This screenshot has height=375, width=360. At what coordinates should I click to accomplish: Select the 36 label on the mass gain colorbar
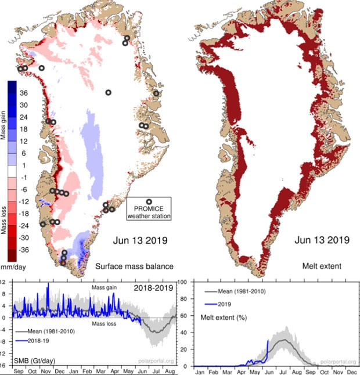click(x=24, y=93)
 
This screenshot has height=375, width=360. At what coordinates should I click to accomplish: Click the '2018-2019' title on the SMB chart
click(x=154, y=286)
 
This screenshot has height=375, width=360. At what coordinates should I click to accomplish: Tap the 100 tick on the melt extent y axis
click(x=184, y=282)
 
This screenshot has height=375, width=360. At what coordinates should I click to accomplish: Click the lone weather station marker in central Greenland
click(x=108, y=92)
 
